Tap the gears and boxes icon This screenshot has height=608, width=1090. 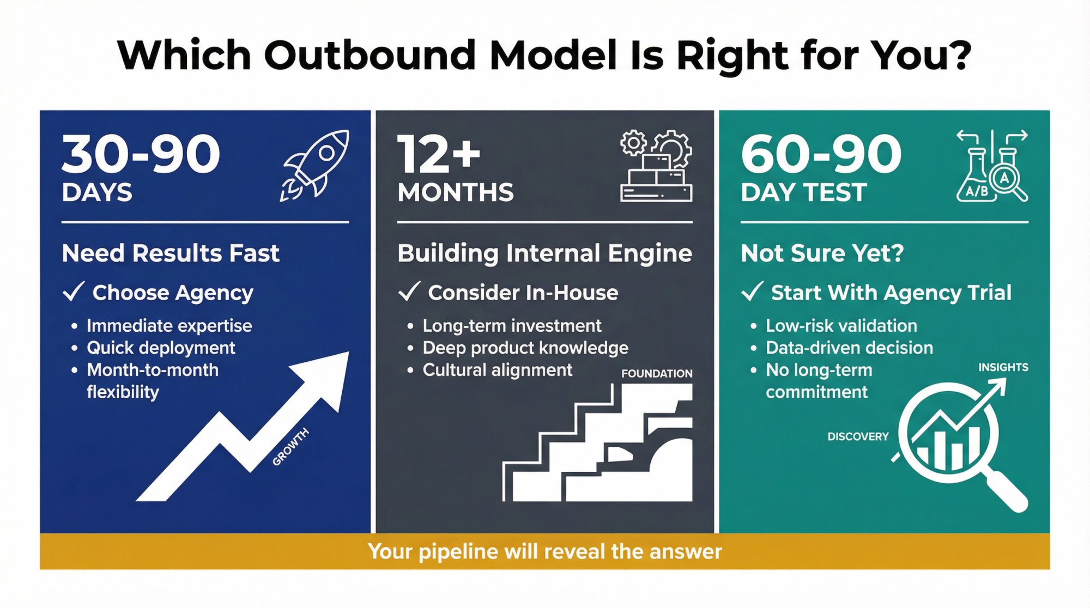point(656,166)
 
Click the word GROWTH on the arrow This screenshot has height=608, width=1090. point(290,447)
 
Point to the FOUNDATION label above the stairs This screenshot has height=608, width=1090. point(657,374)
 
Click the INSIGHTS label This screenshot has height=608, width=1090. point(1003,368)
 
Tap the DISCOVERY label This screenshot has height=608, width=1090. point(857,437)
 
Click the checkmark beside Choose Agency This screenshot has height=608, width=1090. point(74,291)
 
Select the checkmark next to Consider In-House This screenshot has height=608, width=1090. point(409,291)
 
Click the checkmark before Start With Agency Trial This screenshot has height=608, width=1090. point(752,291)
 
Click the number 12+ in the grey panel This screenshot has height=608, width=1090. point(439,154)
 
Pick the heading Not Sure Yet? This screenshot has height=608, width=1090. point(822,253)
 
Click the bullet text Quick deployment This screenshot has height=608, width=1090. point(161,348)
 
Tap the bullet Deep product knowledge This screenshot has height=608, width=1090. point(525,348)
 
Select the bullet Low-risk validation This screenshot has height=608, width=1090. point(841,326)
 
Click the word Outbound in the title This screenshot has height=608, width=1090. point(370,56)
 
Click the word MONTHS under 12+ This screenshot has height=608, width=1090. point(456,193)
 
